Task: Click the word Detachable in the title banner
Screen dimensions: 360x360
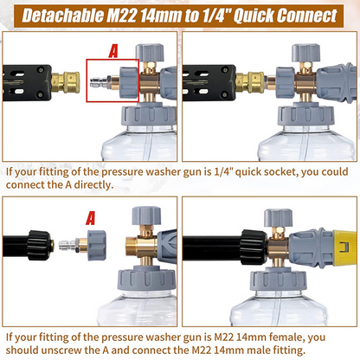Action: [x=63, y=16]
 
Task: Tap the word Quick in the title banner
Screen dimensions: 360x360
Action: [x=254, y=16]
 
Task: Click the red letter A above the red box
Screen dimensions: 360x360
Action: [x=113, y=51]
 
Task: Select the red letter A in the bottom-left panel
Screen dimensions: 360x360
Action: [x=91, y=218]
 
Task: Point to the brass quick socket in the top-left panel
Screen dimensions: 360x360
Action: [x=66, y=82]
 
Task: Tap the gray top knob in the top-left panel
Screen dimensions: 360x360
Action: [x=150, y=53]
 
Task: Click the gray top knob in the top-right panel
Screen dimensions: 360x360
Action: [x=305, y=53]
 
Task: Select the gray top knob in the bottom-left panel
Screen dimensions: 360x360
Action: [x=146, y=215]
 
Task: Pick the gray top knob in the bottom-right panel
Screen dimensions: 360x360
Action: [x=279, y=218]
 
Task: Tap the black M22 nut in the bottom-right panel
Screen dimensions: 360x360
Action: [x=254, y=247]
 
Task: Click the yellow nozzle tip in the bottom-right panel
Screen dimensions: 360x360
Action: [x=345, y=247]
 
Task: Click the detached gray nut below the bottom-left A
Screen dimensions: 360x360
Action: [x=97, y=245]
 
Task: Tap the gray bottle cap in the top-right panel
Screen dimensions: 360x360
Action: [x=306, y=114]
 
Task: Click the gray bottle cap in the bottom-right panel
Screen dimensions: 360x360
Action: [x=278, y=279]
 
